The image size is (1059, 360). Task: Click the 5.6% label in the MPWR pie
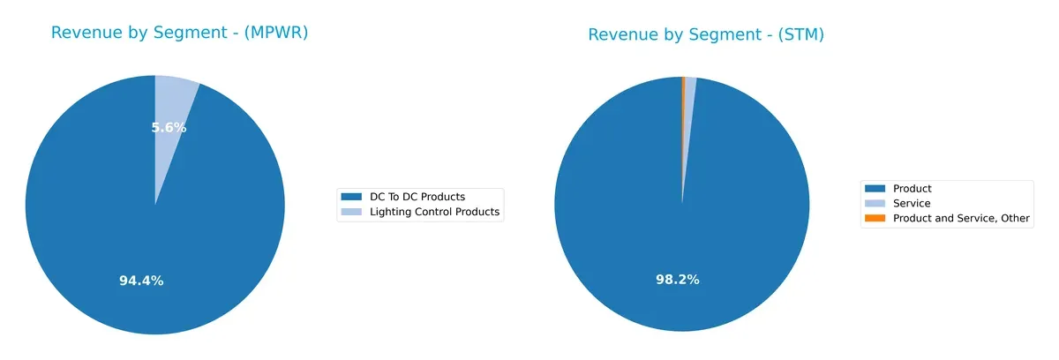(169, 127)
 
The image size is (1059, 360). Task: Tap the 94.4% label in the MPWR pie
(141, 281)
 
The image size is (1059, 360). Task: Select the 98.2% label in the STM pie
(677, 279)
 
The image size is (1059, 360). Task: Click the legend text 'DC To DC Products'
(415, 196)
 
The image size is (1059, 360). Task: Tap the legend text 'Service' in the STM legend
(912, 203)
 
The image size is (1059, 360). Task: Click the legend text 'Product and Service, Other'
(961, 218)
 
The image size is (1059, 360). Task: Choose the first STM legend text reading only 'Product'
(912, 188)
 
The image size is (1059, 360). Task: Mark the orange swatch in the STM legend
(875, 218)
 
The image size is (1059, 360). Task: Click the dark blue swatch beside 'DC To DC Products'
(351, 196)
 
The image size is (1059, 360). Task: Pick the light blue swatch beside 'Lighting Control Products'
(351, 212)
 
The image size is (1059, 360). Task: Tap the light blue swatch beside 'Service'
(875, 203)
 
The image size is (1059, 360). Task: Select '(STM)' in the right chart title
(800, 35)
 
